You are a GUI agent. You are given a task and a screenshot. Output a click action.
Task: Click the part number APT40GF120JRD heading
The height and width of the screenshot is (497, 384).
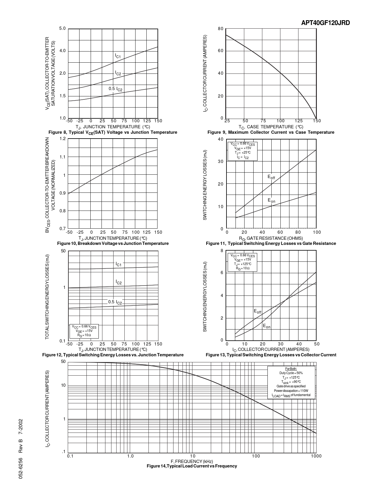point(326,23)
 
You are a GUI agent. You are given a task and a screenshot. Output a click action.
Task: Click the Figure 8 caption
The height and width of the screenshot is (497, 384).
point(113,132)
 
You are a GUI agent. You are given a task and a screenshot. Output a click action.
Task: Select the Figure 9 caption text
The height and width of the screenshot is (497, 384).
point(271,132)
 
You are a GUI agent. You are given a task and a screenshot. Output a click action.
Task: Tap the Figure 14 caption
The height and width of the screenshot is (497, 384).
point(192,466)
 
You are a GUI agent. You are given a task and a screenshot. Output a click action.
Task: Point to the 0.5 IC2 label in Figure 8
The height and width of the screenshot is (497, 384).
point(116,89)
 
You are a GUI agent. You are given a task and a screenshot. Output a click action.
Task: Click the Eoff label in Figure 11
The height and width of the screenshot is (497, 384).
point(271,177)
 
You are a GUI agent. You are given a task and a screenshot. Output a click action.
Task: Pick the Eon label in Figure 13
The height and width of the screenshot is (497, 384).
point(267,326)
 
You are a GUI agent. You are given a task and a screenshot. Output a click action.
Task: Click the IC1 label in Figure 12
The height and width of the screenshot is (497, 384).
point(118,264)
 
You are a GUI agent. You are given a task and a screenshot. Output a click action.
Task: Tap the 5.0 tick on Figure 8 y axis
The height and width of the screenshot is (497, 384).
point(62,29)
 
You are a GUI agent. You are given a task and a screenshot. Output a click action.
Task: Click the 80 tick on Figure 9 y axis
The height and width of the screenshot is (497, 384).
point(221,29)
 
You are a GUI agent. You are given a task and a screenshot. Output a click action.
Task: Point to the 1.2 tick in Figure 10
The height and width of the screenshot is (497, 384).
point(63,139)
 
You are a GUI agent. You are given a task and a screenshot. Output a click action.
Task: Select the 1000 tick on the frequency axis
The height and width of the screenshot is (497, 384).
point(316,456)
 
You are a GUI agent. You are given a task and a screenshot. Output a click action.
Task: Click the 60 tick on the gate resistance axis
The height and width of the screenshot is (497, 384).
point(280,232)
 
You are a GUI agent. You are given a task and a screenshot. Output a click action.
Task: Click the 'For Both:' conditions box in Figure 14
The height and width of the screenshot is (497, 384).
point(291,382)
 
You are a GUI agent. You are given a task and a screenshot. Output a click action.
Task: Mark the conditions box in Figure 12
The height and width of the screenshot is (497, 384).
point(84,331)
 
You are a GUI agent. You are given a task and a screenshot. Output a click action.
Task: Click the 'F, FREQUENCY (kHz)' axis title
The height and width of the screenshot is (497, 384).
point(192,461)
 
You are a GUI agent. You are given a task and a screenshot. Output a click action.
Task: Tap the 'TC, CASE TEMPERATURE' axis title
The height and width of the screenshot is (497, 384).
point(271,127)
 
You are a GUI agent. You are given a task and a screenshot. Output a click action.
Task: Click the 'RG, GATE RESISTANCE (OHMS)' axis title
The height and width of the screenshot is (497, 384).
point(271,238)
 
